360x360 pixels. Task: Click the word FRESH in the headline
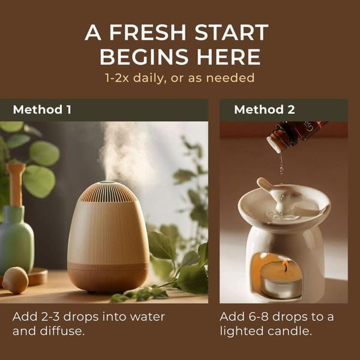point(148,32)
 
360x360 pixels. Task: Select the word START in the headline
point(231,32)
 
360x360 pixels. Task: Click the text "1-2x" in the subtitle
point(116,77)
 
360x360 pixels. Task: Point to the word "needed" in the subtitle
point(230,77)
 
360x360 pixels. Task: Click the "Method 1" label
point(42,110)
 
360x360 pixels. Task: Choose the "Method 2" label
point(264,110)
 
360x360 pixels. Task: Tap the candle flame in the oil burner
point(286,265)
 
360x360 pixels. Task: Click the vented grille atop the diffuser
point(107,192)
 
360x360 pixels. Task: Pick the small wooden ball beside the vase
point(15,280)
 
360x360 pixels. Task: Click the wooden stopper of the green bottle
point(16,184)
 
